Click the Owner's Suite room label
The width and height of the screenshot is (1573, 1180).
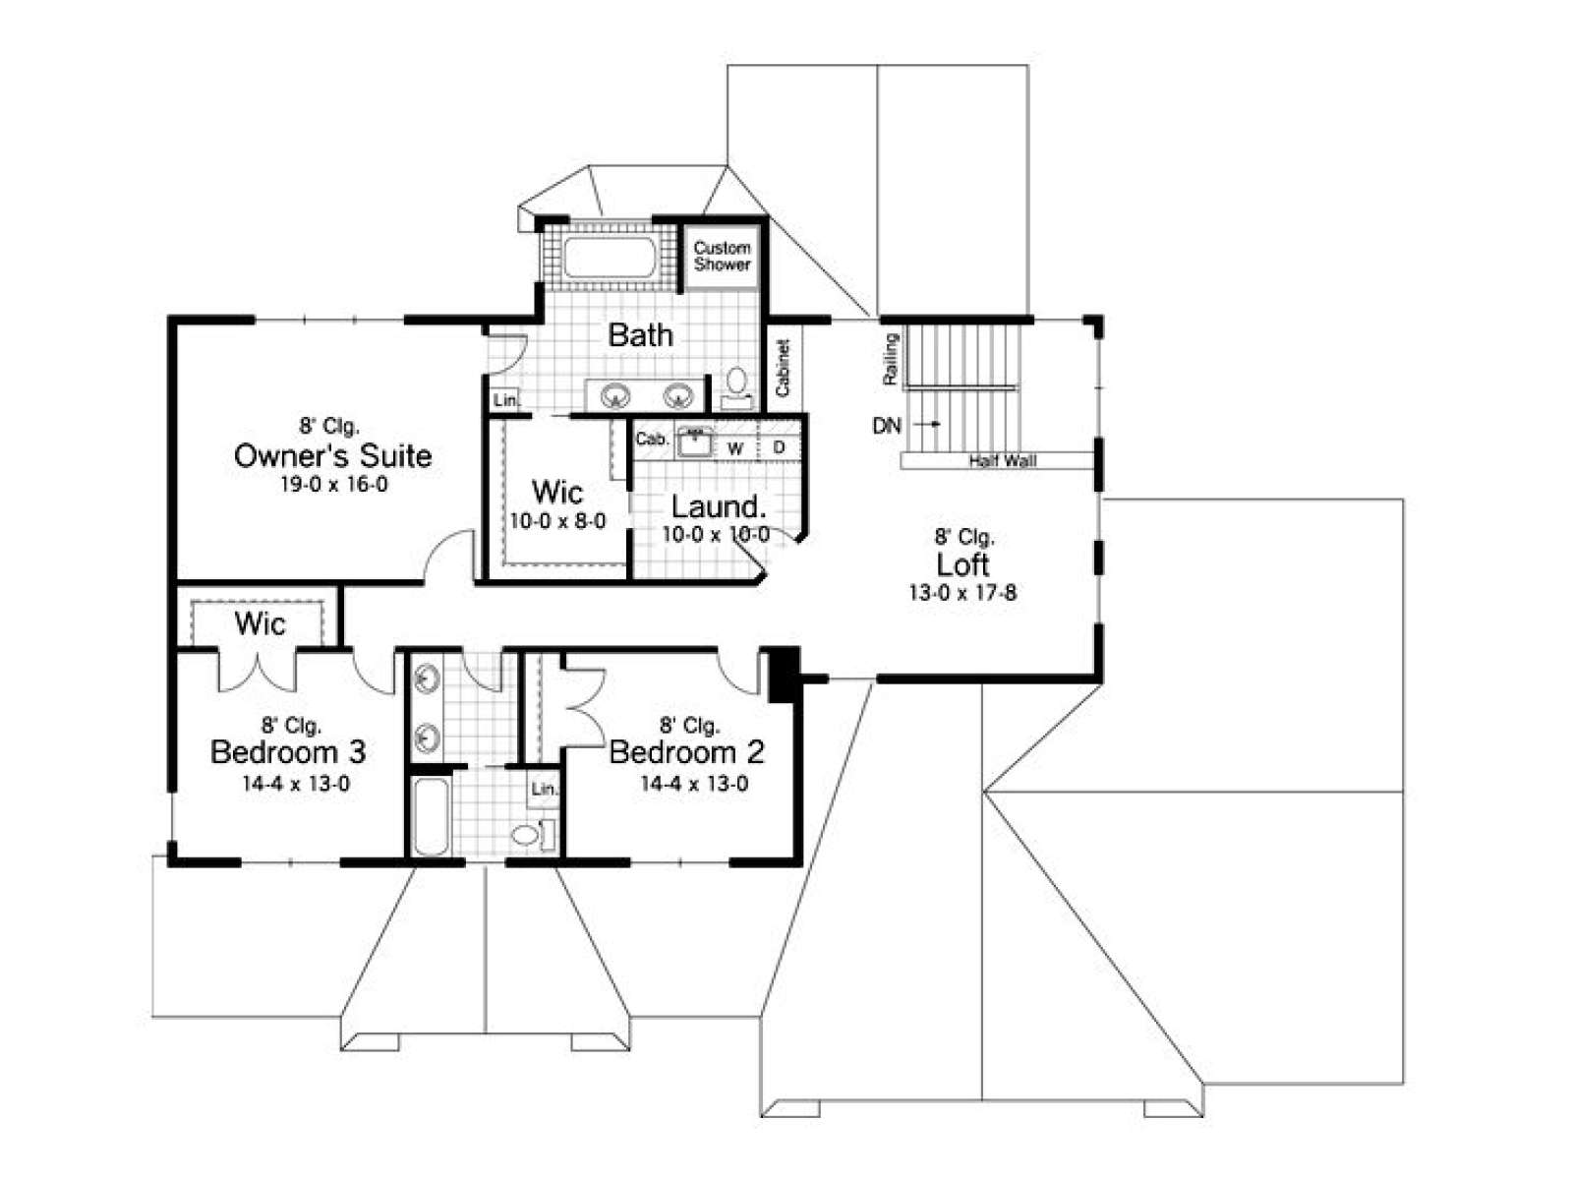pos(333,455)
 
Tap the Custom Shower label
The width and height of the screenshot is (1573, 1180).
pos(722,256)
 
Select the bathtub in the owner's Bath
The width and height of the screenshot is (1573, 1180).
pos(610,258)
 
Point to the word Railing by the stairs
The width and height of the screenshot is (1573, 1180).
pos(890,360)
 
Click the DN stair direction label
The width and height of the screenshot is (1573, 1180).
pos(887,426)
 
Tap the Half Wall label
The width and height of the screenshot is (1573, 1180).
pos(1002,460)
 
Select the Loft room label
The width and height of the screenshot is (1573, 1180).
pos(962,563)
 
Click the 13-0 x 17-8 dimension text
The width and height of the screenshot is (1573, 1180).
pos(962,593)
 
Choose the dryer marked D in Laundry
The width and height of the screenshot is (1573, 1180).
pos(779,447)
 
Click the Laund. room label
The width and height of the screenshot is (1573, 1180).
pos(718,506)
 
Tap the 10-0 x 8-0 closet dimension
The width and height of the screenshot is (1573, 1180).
pos(557,521)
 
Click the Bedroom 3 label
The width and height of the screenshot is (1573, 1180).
pos(288,751)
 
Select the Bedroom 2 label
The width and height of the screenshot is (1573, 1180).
pos(686,751)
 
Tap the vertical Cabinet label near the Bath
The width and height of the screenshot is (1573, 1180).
pos(783,368)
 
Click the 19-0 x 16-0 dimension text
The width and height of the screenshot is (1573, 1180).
pos(333,485)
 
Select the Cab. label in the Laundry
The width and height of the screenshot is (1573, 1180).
pos(652,439)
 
